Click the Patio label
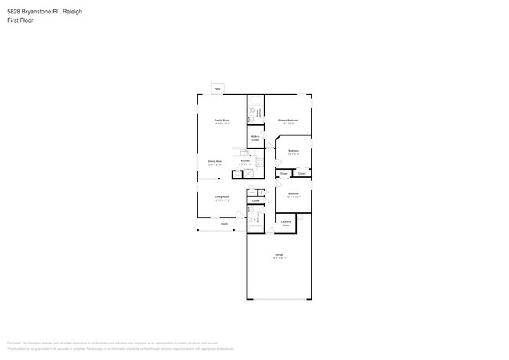217,89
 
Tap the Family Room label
222,121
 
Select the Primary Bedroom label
287,121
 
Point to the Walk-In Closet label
255,138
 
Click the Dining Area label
215,162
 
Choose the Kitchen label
245,162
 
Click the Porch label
224,224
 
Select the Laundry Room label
286,224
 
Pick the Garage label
279,256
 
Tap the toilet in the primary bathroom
253,112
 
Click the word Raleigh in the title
73,12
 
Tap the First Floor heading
19,20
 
